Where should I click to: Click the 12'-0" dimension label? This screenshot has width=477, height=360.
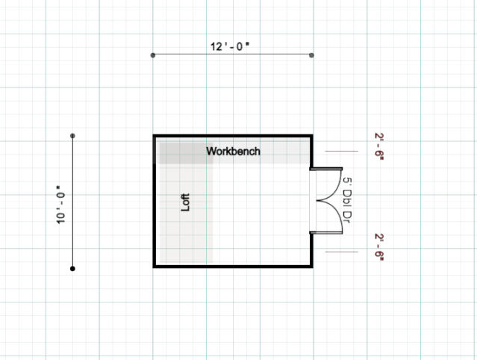tap(230, 46)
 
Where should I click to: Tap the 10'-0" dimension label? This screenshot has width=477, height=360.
tap(60, 205)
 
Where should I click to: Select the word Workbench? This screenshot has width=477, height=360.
tap(234, 151)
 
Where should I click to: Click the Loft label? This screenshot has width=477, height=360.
tap(185, 202)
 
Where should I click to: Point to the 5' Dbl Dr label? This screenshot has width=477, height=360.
tap(347, 200)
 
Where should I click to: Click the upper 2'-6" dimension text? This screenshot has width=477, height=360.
tap(379, 146)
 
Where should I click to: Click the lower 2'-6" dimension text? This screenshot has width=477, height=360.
tap(379, 247)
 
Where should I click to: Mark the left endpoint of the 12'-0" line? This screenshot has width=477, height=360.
tap(153, 55)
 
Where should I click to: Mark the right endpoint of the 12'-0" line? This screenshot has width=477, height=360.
tap(311, 55)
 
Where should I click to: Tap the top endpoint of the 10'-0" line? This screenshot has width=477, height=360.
tap(72, 136)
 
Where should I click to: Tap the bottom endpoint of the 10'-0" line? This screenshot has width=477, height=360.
tap(72, 269)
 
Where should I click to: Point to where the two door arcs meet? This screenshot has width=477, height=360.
tap(317, 201)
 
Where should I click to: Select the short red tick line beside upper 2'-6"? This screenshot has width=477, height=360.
tap(342, 151)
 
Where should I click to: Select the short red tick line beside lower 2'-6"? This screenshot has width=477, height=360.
tap(342, 252)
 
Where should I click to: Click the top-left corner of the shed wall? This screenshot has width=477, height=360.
tap(155, 136)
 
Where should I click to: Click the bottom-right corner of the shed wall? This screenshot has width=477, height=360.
tap(311, 267)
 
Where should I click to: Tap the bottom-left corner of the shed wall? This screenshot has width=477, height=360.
tap(155, 267)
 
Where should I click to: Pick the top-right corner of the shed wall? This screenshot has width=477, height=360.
tap(311, 136)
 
